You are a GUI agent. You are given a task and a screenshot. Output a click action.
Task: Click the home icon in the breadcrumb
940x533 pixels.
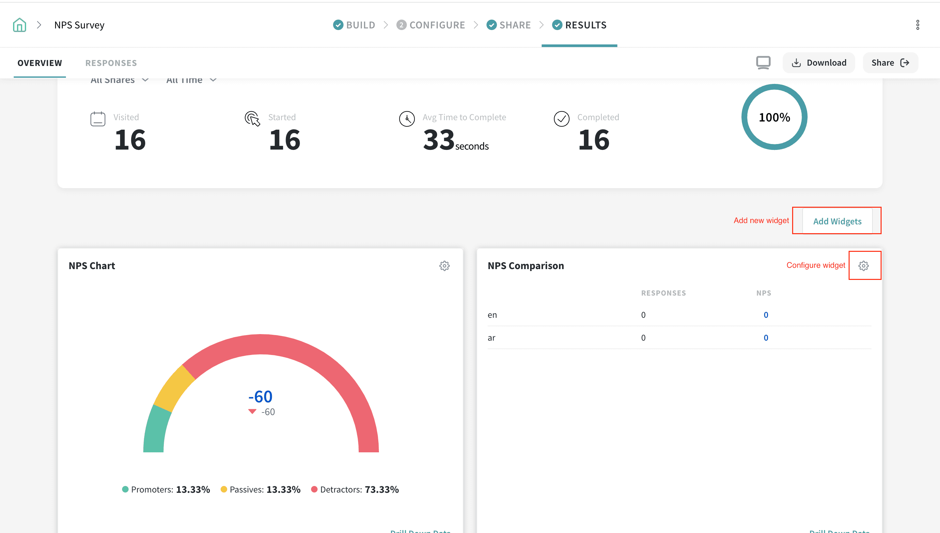19,25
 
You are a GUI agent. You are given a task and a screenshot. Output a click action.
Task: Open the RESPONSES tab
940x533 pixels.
111,63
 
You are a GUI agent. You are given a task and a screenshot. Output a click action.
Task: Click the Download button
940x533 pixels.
819,63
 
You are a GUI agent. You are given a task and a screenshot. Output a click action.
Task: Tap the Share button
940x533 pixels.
890,63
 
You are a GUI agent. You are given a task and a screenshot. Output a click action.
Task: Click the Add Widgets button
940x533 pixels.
837,221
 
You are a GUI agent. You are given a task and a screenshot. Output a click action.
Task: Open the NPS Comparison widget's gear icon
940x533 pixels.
863,266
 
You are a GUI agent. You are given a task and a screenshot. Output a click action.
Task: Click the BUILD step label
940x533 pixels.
360,25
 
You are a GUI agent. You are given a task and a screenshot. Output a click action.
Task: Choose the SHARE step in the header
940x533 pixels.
515,25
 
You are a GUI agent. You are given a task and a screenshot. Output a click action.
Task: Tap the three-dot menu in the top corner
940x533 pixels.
917,25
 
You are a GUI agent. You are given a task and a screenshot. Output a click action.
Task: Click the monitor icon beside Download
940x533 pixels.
763,63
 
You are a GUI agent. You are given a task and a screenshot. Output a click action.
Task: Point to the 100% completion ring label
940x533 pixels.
774,117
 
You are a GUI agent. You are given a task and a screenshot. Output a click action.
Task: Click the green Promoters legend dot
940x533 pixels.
125,490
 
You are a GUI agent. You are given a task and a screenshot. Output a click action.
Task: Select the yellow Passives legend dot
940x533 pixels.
224,490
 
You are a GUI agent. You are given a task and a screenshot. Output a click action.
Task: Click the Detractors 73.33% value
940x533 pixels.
382,490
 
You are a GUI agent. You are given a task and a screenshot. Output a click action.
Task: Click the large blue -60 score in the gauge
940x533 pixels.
260,396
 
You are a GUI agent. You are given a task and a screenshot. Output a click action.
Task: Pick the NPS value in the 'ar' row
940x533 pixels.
765,337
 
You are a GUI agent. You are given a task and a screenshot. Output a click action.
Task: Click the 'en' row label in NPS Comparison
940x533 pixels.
492,315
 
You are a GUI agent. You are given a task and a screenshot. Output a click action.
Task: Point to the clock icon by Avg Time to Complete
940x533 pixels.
407,119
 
